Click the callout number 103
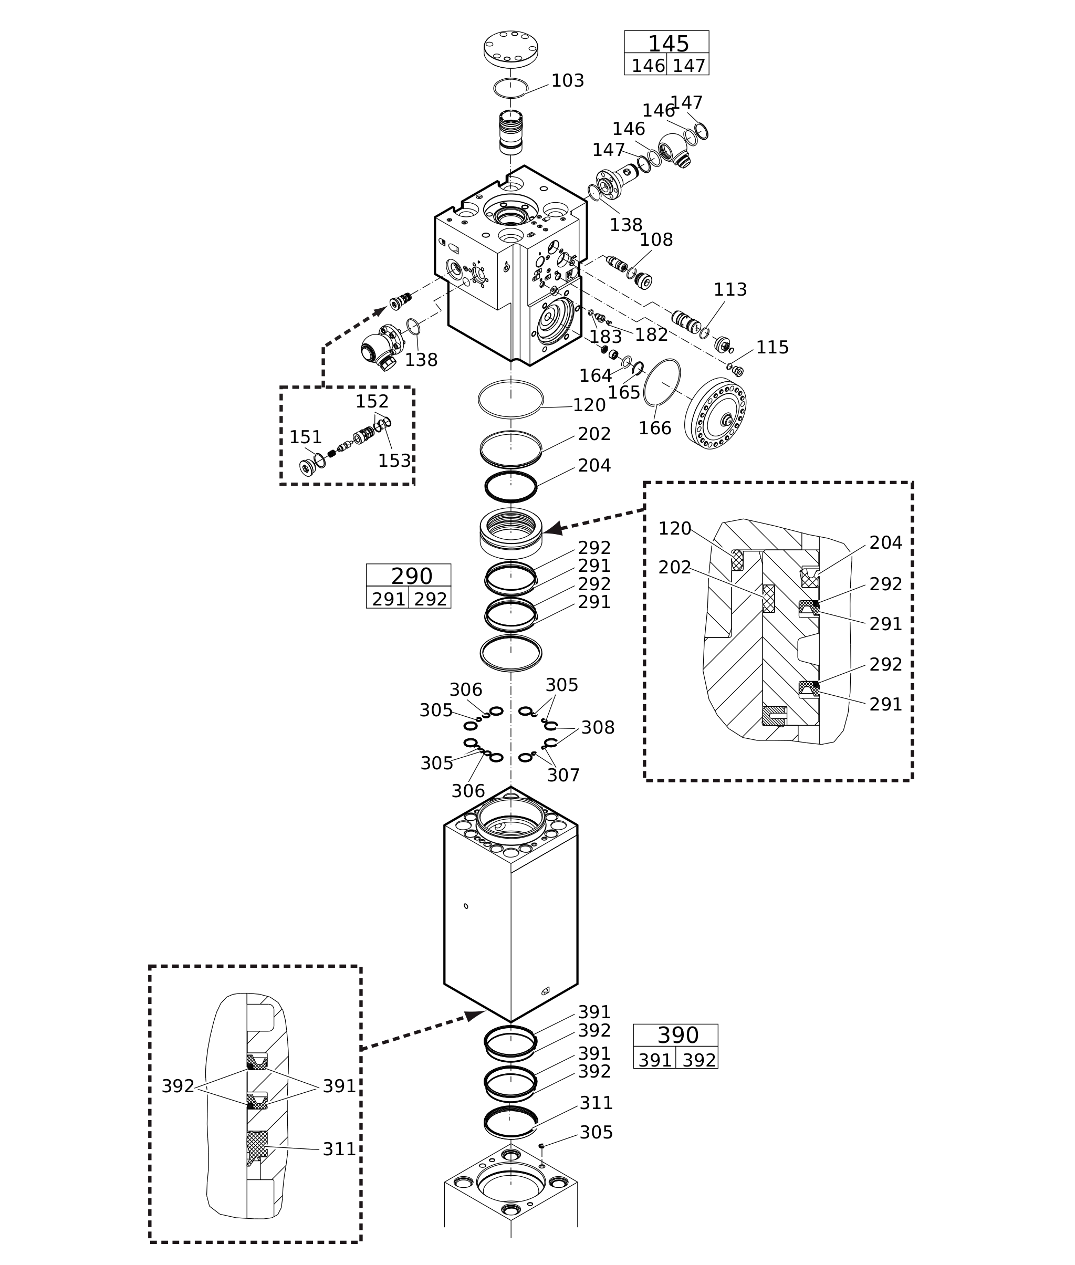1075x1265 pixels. pyautogui.click(x=567, y=81)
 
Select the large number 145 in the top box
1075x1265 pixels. pyautogui.click(x=668, y=44)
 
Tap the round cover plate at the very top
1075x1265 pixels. pyautogui.click(x=510, y=46)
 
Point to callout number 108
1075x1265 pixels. pyautogui.click(x=656, y=240)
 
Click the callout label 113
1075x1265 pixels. pyautogui.click(x=729, y=289)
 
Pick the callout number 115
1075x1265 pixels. pyautogui.click(x=771, y=347)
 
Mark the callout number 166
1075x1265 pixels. pyautogui.click(x=654, y=428)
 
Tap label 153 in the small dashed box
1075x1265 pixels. pyautogui.click(x=394, y=461)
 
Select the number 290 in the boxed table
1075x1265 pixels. pyautogui.click(x=411, y=577)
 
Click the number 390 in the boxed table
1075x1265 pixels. pyautogui.click(x=677, y=1036)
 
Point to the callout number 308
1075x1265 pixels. pyautogui.click(x=597, y=728)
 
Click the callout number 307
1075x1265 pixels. pyautogui.click(x=562, y=775)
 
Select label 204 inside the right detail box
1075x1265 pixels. pyautogui.click(x=885, y=542)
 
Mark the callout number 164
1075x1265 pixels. pyautogui.click(x=595, y=376)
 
